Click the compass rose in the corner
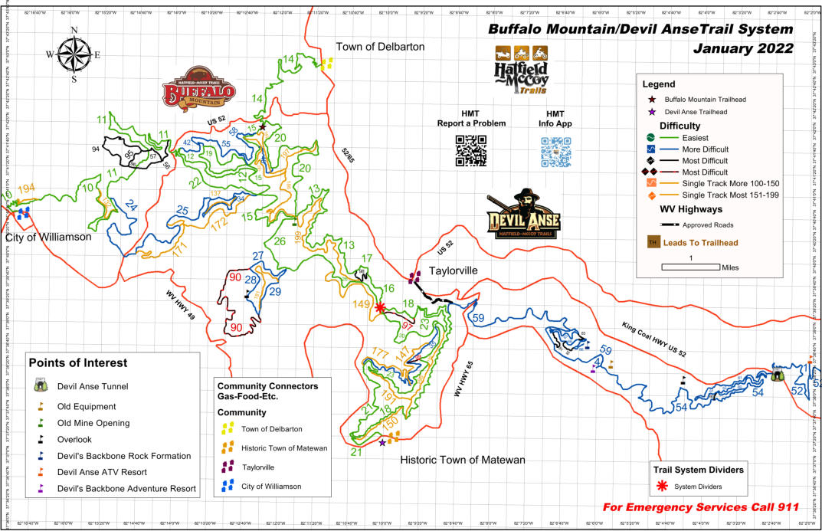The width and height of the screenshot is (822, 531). click(x=74, y=54)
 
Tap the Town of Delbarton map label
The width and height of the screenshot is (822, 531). click(x=379, y=47)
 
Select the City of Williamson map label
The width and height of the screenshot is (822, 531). click(x=48, y=237)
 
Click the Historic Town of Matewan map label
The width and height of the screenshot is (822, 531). click(x=463, y=460)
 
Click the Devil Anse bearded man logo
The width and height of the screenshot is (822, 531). click(x=524, y=215)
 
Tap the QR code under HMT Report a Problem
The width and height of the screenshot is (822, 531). click(x=471, y=150)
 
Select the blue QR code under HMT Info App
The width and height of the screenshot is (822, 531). click(x=556, y=151)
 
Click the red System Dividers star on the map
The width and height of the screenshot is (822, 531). click(x=381, y=307)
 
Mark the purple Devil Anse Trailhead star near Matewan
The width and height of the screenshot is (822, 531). click(x=382, y=442)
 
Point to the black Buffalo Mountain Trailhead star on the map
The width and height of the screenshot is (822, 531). click(x=262, y=126)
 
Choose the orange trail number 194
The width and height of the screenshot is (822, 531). click(x=26, y=188)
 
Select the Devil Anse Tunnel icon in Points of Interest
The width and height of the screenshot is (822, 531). click(x=41, y=387)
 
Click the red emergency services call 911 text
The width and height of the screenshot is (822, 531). click(x=700, y=507)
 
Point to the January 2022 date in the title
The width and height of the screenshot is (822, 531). click(x=742, y=48)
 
